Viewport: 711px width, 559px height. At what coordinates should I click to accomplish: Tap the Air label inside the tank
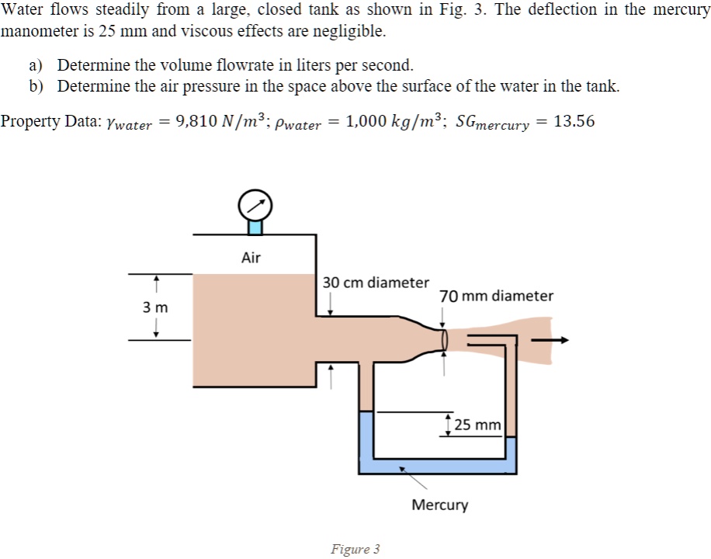pos(251,258)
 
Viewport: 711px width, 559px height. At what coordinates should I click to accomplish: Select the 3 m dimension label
pos(155,307)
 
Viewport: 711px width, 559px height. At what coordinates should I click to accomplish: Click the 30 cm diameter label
pos(376,283)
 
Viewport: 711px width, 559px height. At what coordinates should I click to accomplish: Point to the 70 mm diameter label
pos(496,296)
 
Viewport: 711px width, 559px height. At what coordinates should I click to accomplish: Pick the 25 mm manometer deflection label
pos(477,425)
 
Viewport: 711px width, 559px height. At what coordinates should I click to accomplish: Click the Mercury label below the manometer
pos(439,505)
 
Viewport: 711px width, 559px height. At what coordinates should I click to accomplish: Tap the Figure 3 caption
pos(355,549)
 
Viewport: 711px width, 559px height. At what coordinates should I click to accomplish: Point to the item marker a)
pos(37,65)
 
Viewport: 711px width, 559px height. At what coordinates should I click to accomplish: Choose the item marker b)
pos(37,86)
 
